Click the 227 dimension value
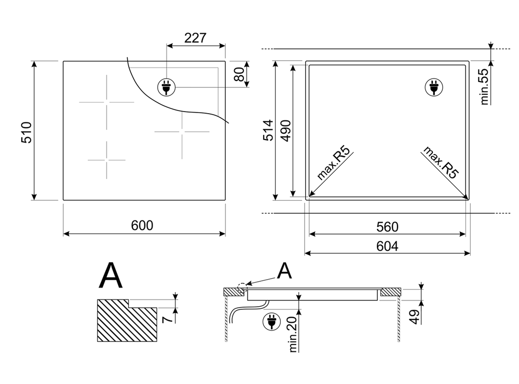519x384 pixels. [196, 38]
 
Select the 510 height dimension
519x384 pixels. [28, 132]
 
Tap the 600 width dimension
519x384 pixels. [142, 226]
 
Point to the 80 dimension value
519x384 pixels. [239, 74]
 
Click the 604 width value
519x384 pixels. [387, 246]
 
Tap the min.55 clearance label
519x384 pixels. [485, 86]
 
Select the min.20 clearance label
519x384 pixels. [292, 335]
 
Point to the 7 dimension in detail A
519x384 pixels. [168, 317]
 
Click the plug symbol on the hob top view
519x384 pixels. [166, 87]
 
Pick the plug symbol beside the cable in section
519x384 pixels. [270, 322]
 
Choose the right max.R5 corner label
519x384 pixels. [441, 163]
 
